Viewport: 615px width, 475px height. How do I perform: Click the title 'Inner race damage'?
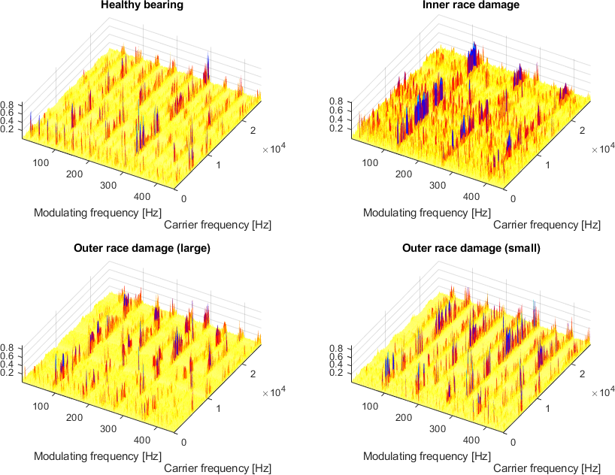coord(471,5)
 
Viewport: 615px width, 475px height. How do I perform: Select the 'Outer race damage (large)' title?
coord(142,248)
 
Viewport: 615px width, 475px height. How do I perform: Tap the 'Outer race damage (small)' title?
coord(471,248)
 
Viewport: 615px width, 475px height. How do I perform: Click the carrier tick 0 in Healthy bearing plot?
coord(185,198)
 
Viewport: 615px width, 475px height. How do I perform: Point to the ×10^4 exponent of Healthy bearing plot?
coord(274,150)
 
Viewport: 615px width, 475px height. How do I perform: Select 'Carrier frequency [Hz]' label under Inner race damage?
coord(547,225)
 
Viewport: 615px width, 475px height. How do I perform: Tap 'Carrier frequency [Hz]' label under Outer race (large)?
coord(217,468)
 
